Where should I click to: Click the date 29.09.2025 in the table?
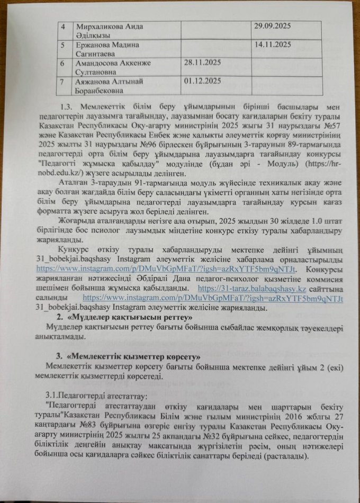pyautogui.click(x=274, y=26)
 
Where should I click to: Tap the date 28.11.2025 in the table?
pyautogui.click(x=202, y=64)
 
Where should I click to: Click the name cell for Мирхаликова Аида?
pyautogui.click(x=110, y=30)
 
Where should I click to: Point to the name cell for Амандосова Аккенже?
pyautogui.click(x=114, y=68)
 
